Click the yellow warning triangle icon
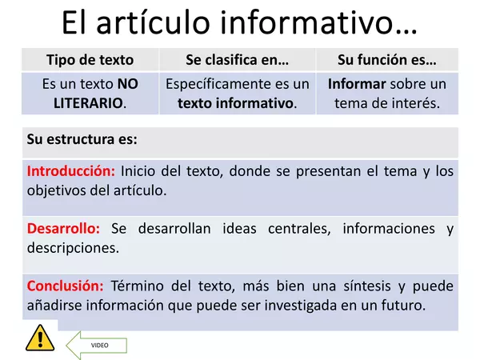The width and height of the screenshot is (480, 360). (x=38, y=338)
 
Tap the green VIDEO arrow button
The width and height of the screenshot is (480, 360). (x=95, y=345)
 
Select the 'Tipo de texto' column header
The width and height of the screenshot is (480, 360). (x=90, y=60)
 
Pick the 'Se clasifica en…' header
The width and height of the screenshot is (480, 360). (x=237, y=60)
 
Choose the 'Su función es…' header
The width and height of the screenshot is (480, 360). (x=387, y=60)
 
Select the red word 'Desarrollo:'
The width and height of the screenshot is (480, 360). (x=63, y=229)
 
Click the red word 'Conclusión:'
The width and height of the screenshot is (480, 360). (x=66, y=286)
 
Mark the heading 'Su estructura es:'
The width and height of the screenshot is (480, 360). (x=82, y=139)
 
